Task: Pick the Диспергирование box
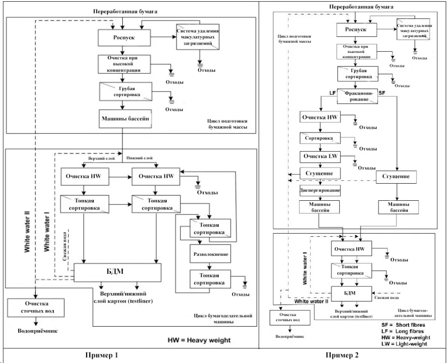point(320,191)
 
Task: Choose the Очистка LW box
point(320,157)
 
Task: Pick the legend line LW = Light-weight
point(404,344)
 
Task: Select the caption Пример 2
point(355,355)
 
